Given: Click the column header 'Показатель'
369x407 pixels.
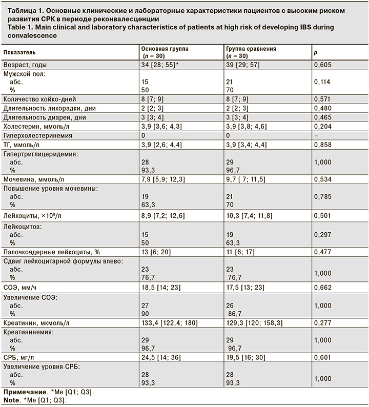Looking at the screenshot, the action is click(19, 52).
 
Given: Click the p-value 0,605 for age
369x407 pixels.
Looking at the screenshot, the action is click(322, 65).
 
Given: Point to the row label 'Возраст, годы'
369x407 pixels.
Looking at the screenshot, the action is click(25, 65).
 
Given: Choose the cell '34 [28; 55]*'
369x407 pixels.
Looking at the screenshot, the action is click(160, 65).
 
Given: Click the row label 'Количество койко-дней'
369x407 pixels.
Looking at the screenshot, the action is click(39, 99).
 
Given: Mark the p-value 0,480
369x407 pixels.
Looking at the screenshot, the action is click(322, 108).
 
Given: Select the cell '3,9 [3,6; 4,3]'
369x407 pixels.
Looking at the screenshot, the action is click(161, 127).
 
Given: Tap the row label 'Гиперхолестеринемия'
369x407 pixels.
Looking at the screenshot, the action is click(37, 135).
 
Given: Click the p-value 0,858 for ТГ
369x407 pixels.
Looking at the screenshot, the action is click(322, 145).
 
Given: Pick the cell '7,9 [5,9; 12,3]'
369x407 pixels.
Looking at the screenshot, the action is click(163, 179).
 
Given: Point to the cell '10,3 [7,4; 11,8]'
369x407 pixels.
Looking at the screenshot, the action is click(249, 216).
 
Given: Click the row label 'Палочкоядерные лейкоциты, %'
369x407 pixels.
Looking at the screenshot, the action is click(52, 252).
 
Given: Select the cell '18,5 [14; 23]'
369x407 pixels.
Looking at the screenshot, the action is click(161, 288).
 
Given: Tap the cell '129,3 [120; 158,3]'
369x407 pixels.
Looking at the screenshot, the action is click(254, 323).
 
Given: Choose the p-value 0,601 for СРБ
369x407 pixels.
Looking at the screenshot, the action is click(322, 357).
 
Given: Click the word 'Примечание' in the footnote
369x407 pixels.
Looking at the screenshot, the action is click(25, 392).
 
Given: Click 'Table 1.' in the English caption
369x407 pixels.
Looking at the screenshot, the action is click(19, 27).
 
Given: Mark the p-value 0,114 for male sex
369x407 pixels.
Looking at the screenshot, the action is click(322, 82).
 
